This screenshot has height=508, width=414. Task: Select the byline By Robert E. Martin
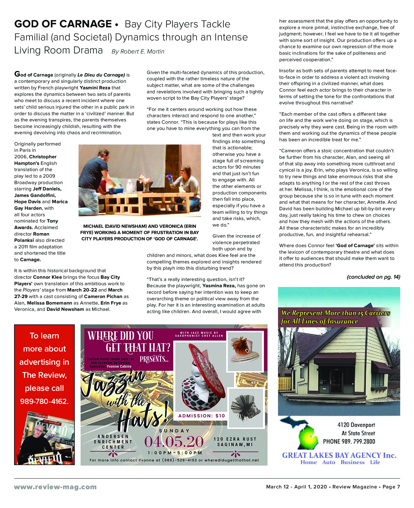[138, 51]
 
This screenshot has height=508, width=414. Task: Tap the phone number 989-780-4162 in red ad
[44, 401]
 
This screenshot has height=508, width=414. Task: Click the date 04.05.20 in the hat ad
[174, 442]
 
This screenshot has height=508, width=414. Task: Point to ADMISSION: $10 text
[201, 416]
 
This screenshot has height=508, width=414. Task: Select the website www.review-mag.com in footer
[55, 487]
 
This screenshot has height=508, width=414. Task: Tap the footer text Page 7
[391, 487]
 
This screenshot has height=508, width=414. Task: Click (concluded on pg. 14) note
[373, 277]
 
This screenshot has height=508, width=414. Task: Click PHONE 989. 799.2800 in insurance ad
[349, 442]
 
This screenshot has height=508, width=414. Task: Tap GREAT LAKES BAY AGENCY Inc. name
[339, 455]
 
